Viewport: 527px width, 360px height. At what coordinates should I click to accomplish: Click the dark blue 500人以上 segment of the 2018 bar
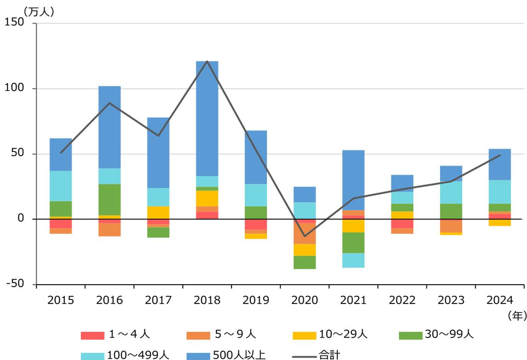[x=207, y=118]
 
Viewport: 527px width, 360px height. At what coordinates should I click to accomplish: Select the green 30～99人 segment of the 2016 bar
[x=110, y=200]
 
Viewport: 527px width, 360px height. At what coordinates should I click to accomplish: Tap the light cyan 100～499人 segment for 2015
[x=61, y=186]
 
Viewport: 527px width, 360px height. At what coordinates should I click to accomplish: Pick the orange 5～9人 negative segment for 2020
[x=305, y=233]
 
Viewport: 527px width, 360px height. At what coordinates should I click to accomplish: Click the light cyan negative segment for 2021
[x=353, y=260]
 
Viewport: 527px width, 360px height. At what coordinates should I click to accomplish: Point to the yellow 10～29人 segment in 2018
[x=207, y=198]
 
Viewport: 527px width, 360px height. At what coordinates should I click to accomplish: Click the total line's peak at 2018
[x=207, y=62]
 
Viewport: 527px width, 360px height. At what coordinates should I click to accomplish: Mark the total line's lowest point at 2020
[x=305, y=236]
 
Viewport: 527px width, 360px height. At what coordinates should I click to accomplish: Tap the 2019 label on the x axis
[x=256, y=300]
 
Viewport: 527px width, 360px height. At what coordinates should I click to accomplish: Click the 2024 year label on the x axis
[x=499, y=300]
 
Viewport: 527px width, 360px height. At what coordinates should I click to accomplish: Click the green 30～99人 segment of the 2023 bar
[x=451, y=211]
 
